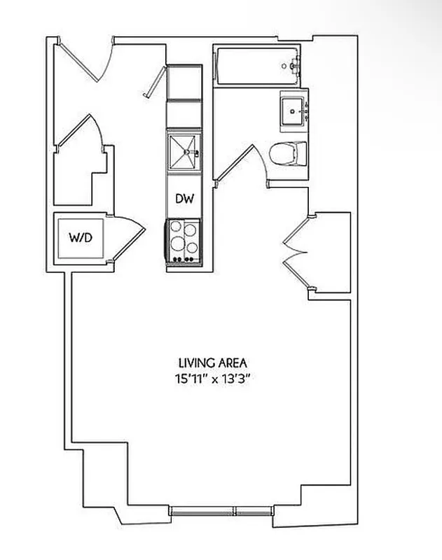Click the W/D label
[81, 237]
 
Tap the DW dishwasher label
[184, 199]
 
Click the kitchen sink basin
[182, 150]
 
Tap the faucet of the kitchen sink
[197, 152]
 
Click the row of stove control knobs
[184, 260]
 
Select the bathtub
[256, 67]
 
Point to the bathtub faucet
[293, 66]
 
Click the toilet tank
[301, 153]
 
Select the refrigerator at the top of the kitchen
[184, 84]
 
